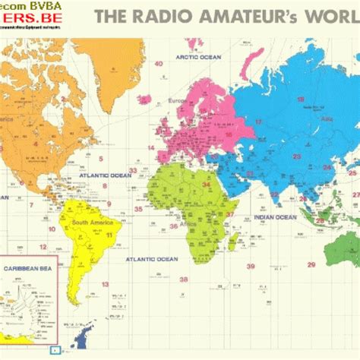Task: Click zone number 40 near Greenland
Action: (x=159, y=63)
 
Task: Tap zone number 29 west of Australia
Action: (x=311, y=264)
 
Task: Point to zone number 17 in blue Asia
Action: (x=259, y=122)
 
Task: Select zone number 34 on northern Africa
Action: (x=206, y=183)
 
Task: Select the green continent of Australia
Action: (x=346, y=251)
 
